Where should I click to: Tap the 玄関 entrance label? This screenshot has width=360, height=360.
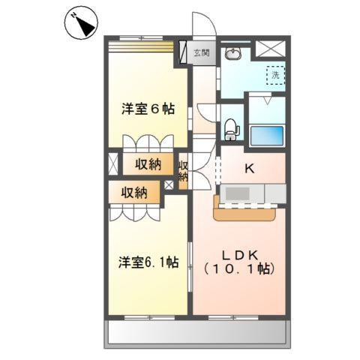[x=201, y=53]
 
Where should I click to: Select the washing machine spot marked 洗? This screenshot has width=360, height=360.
[x=275, y=75]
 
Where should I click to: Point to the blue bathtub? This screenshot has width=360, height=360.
[x=265, y=137]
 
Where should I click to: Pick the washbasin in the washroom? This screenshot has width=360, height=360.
[x=232, y=53]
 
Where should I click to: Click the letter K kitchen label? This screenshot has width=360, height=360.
[x=249, y=169]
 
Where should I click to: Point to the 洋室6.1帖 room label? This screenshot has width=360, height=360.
[x=148, y=262]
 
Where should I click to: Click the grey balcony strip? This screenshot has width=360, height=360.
[x=197, y=331]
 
